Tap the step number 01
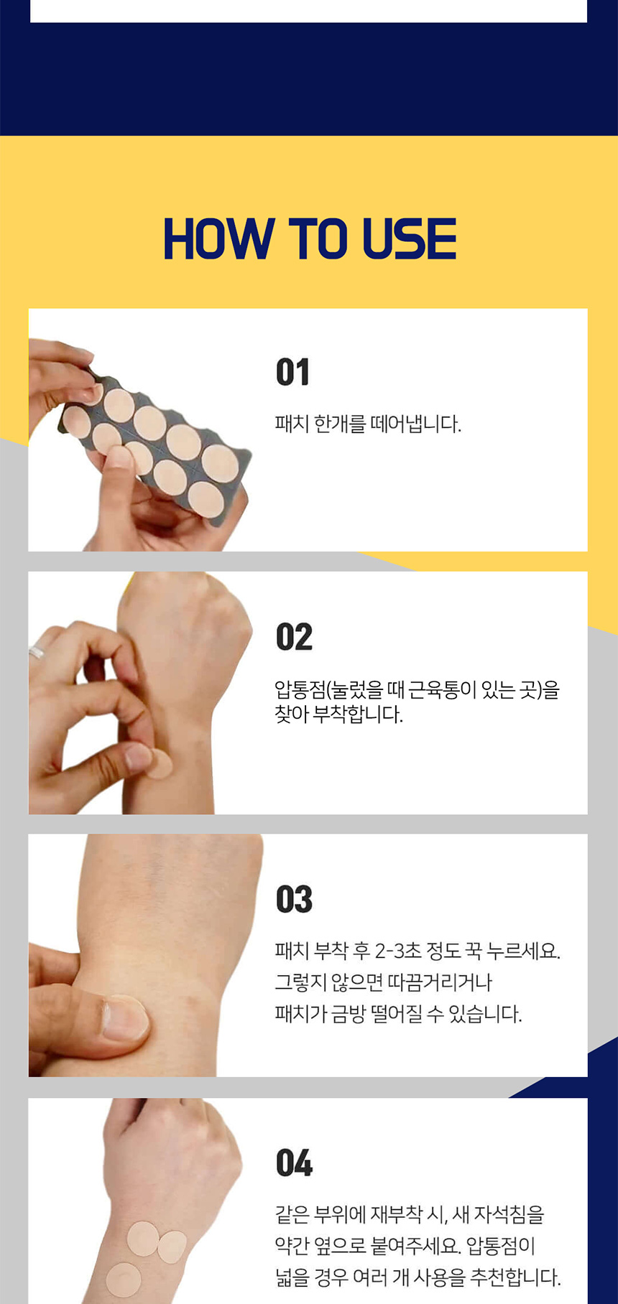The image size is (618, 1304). [292, 372]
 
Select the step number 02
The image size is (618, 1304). [294, 637]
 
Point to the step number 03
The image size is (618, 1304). [294, 900]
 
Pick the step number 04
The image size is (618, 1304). [294, 1163]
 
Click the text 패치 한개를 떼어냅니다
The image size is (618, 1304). [368, 424]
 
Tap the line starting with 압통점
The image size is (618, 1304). [417, 690]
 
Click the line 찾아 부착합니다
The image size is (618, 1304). [339, 714]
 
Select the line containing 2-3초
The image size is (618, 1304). [418, 951]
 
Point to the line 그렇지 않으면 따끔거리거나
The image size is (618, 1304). [384, 982]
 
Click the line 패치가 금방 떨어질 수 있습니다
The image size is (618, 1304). [399, 1014]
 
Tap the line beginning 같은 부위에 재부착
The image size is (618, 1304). [410, 1215]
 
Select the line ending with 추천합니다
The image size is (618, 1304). [418, 1277]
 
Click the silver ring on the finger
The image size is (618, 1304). [36, 652]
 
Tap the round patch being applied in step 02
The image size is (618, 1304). [160, 763]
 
